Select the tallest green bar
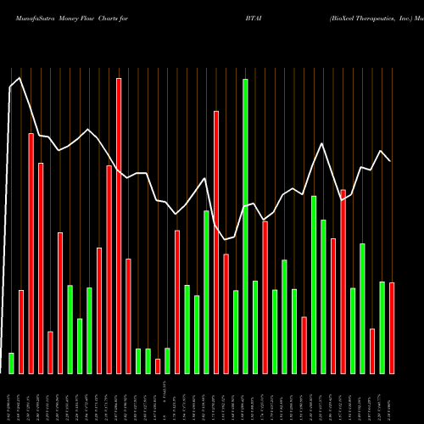click(245, 226)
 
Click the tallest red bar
click(119, 226)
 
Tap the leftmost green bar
click(11, 363)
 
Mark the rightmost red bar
click(392, 327)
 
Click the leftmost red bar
click(21, 332)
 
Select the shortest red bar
click(158, 365)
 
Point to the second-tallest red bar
click(216, 242)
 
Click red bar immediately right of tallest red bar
click(128, 315)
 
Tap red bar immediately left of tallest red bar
click(109, 269)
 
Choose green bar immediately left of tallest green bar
click(236, 332)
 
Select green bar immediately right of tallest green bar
click(255, 326)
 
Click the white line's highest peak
click(20, 78)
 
